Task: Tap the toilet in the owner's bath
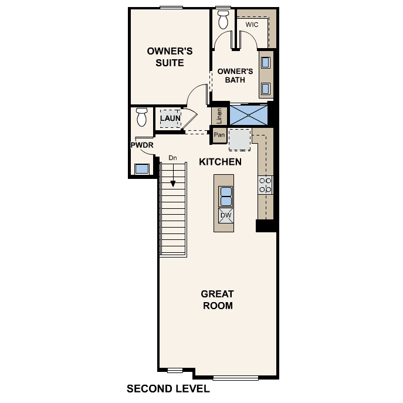(x=223, y=19)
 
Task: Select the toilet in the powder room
(x=141, y=117)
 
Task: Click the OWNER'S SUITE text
(x=165, y=57)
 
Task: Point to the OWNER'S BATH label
(x=235, y=76)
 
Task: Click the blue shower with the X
(x=249, y=114)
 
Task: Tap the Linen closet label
(x=219, y=115)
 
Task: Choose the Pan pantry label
(x=219, y=136)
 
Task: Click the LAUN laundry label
(x=170, y=118)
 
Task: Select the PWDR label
(x=141, y=145)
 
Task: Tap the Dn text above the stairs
(x=172, y=158)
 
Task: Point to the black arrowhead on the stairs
(x=173, y=184)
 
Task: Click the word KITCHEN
(x=220, y=161)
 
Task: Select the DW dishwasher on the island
(x=225, y=216)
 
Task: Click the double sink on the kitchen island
(x=226, y=196)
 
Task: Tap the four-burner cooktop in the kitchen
(x=265, y=185)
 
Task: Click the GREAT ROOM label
(x=217, y=300)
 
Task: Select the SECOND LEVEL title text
(x=168, y=389)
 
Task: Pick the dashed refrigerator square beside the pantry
(x=239, y=140)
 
